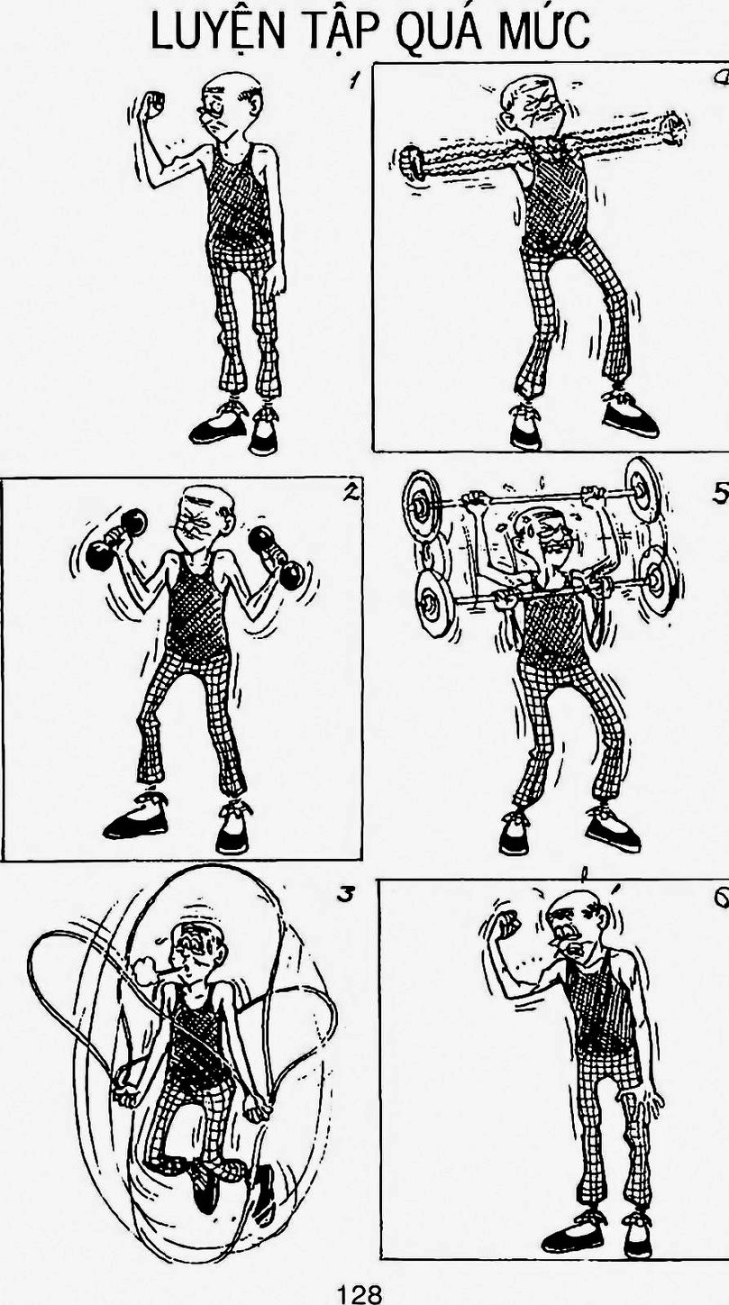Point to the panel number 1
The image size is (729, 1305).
352,80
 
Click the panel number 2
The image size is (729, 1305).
350,494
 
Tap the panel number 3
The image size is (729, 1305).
345,894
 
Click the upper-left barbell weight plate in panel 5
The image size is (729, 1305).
421,504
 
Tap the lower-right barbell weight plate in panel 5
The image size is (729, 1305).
657,579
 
